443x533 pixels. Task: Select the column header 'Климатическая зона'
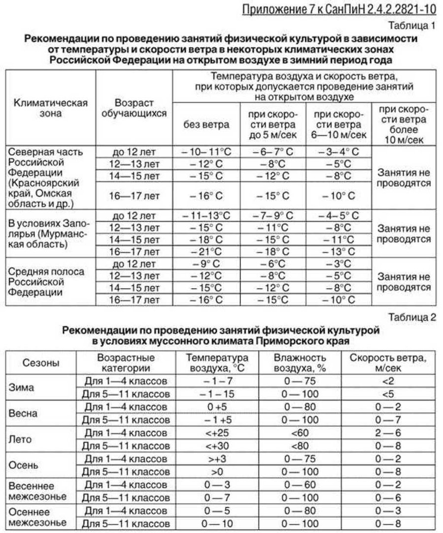(x=51, y=108)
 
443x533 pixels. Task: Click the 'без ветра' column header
(x=206, y=125)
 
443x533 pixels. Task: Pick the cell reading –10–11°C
(x=206, y=151)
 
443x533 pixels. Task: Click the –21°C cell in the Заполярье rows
(x=206, y=251)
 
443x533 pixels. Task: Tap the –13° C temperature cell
(x=338, y=251)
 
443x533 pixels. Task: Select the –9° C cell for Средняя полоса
(x=206, y=263)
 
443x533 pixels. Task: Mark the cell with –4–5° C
(x=338, y=215)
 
